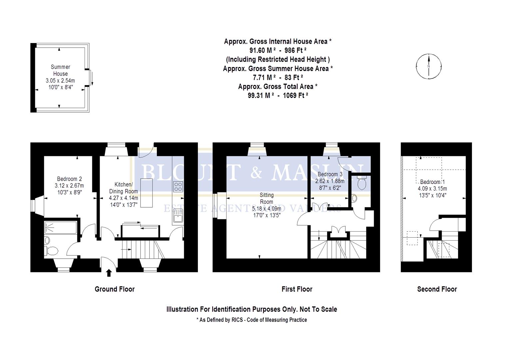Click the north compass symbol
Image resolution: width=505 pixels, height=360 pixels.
point(429,66)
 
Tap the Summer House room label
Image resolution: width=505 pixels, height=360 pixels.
point(60,70)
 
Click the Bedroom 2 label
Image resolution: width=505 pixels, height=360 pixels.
point(69,179)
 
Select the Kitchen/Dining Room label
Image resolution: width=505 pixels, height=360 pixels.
point(124,188)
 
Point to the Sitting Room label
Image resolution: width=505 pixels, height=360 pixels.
point(266,198)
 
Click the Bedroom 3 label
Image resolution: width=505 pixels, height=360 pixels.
point(330,174)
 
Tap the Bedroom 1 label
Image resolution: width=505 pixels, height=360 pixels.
point(432,182)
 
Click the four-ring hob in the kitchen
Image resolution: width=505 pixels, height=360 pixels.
point(178,187)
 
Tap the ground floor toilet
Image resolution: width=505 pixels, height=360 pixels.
point(52,250)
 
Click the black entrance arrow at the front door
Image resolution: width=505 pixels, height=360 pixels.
point(109,273)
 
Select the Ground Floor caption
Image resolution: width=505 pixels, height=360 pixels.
point(115,289)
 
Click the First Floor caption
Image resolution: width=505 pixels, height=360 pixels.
point(297,289)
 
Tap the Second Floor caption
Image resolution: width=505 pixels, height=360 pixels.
point(437,289)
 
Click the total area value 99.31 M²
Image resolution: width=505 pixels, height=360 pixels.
point(261,95)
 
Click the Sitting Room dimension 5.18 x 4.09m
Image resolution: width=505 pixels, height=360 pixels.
point(266,209)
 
